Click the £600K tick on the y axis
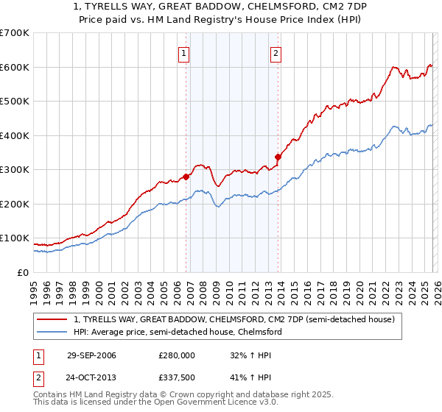[15, 67]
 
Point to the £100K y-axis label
[15, 238]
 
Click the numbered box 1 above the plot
[183, 52]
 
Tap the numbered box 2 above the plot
[276, 52]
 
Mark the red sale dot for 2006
[186, 177]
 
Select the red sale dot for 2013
[278, 157]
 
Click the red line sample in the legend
[52, 319]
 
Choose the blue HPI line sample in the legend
[52, 332]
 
